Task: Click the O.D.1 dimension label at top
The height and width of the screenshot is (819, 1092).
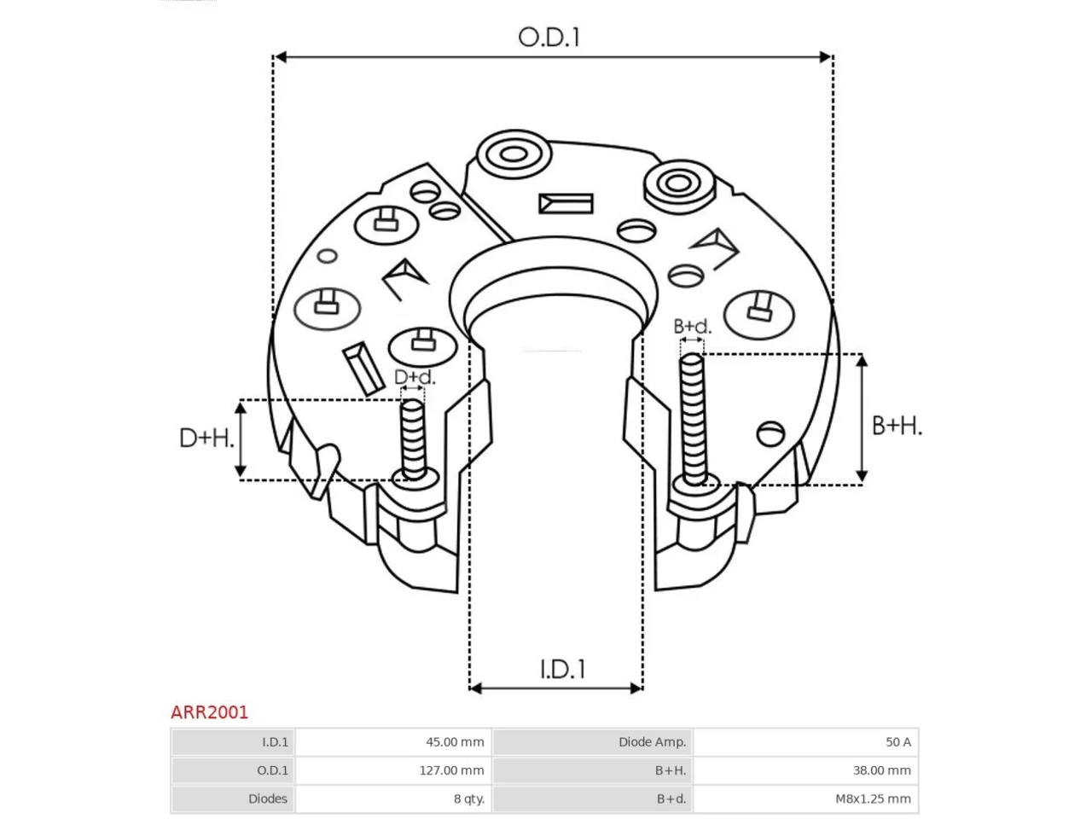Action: tap(549, 38)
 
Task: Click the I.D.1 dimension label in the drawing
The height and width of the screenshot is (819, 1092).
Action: tap(563, 669)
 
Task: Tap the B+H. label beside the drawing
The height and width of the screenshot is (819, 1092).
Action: tap(897, 426)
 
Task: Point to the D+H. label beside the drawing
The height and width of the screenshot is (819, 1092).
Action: tap(206, 439)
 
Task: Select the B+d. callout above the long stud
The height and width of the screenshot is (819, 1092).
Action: tap(692, 326)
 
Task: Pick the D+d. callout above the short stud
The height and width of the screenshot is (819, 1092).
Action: tap(415, 377)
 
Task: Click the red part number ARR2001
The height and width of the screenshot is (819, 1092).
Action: tap(209, 712)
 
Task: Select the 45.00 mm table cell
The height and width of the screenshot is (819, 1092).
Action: tap(455, 742)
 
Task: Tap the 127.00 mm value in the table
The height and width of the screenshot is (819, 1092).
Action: tap(451, 770)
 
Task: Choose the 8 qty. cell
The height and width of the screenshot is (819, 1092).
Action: tap(468, 799)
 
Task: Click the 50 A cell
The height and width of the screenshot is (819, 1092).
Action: tap(898, 742)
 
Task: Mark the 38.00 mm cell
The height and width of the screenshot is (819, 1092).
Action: tap(882, 770)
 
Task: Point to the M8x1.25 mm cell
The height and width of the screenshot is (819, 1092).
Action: tap(873, 799)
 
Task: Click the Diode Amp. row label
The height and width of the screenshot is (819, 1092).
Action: tap(653, 742)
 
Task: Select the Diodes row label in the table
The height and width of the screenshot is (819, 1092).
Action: tap(268, 799)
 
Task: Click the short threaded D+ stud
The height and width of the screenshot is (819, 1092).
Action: tap(414, 439)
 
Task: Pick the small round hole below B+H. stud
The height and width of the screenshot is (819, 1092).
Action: tap(770, 433)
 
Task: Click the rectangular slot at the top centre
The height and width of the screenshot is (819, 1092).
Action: tap(566, 203)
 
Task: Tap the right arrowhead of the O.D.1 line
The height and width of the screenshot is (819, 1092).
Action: tap(826, 57)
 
